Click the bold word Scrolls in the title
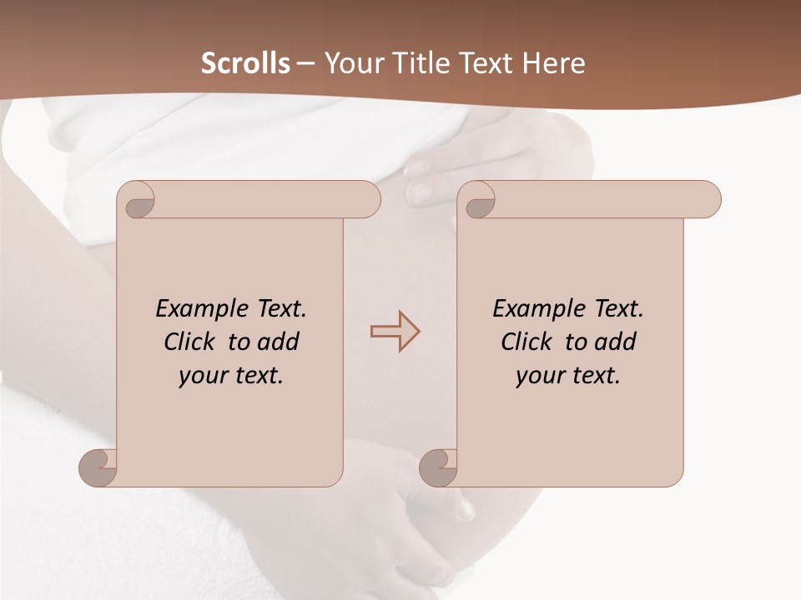coord(246,63)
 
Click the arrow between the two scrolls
coord(395,331)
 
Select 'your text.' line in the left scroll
coord(231,376)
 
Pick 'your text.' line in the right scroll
coord(568,376)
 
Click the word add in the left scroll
coord(278,342)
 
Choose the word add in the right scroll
coord(615,342)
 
